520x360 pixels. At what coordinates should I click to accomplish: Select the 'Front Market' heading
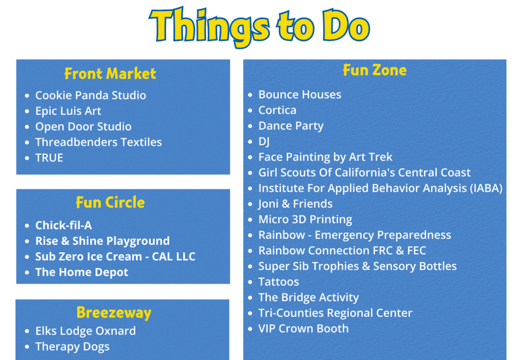110,74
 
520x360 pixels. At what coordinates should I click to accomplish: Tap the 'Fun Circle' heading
110,202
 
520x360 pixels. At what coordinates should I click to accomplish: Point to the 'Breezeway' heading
114,313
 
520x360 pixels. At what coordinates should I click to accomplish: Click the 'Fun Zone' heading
375,70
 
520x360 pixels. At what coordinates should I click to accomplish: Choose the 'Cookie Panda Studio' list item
90,95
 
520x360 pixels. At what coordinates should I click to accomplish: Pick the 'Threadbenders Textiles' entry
99,142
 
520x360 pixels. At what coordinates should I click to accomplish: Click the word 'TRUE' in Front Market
49,158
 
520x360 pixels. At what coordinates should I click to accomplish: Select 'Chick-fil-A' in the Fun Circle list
63,225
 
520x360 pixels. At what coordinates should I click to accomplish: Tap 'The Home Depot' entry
82,272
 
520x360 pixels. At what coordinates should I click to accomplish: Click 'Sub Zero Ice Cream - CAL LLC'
115,256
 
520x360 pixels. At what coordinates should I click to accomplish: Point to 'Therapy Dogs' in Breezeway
72,347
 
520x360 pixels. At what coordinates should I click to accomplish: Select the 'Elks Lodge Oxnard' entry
85,331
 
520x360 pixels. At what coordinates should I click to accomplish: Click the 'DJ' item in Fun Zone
264,142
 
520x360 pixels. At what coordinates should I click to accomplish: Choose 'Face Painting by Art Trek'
326,157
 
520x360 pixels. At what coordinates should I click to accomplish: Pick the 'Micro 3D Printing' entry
305,219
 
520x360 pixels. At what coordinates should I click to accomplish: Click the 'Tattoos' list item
279,282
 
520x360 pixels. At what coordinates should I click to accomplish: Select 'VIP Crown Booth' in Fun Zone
304,329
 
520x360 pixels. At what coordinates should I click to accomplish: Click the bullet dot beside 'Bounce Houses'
250,95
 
